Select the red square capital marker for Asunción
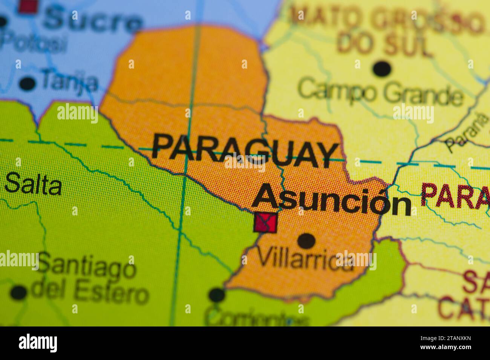266,222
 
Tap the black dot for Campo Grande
382,69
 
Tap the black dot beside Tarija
27,83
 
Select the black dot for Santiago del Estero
19,292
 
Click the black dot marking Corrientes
216,295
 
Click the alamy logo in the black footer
38,343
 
